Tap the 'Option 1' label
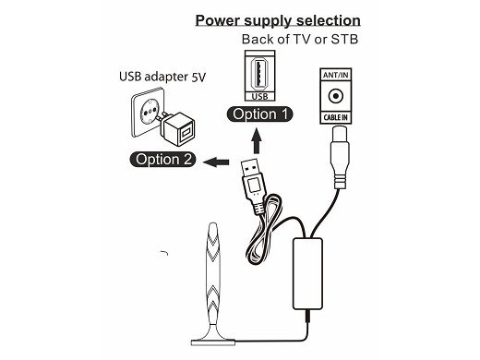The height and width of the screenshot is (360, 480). point(260,114)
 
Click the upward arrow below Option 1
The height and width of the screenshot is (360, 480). point(259,139)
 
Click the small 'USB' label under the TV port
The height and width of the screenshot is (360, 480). point(259,95)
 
